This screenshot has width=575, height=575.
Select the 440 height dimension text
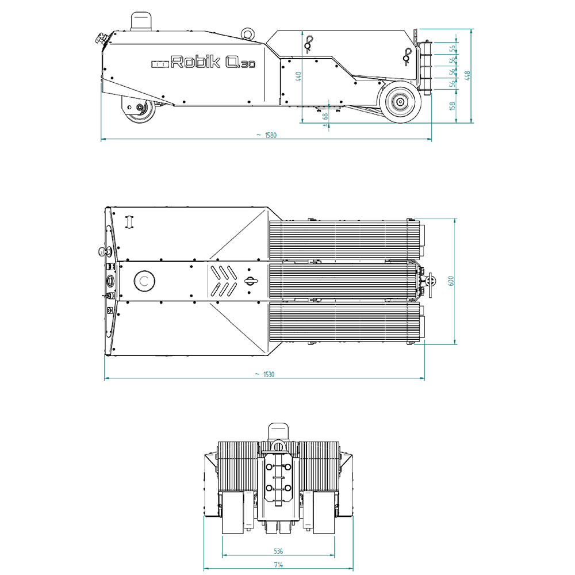point(298,76)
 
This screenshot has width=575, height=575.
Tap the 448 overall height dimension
point(467,75)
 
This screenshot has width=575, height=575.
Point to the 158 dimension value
point(453,105)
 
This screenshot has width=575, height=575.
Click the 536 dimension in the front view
point(279,551)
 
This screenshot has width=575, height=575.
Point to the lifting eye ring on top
point(248,33)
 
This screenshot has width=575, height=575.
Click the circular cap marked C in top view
point(144,281)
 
